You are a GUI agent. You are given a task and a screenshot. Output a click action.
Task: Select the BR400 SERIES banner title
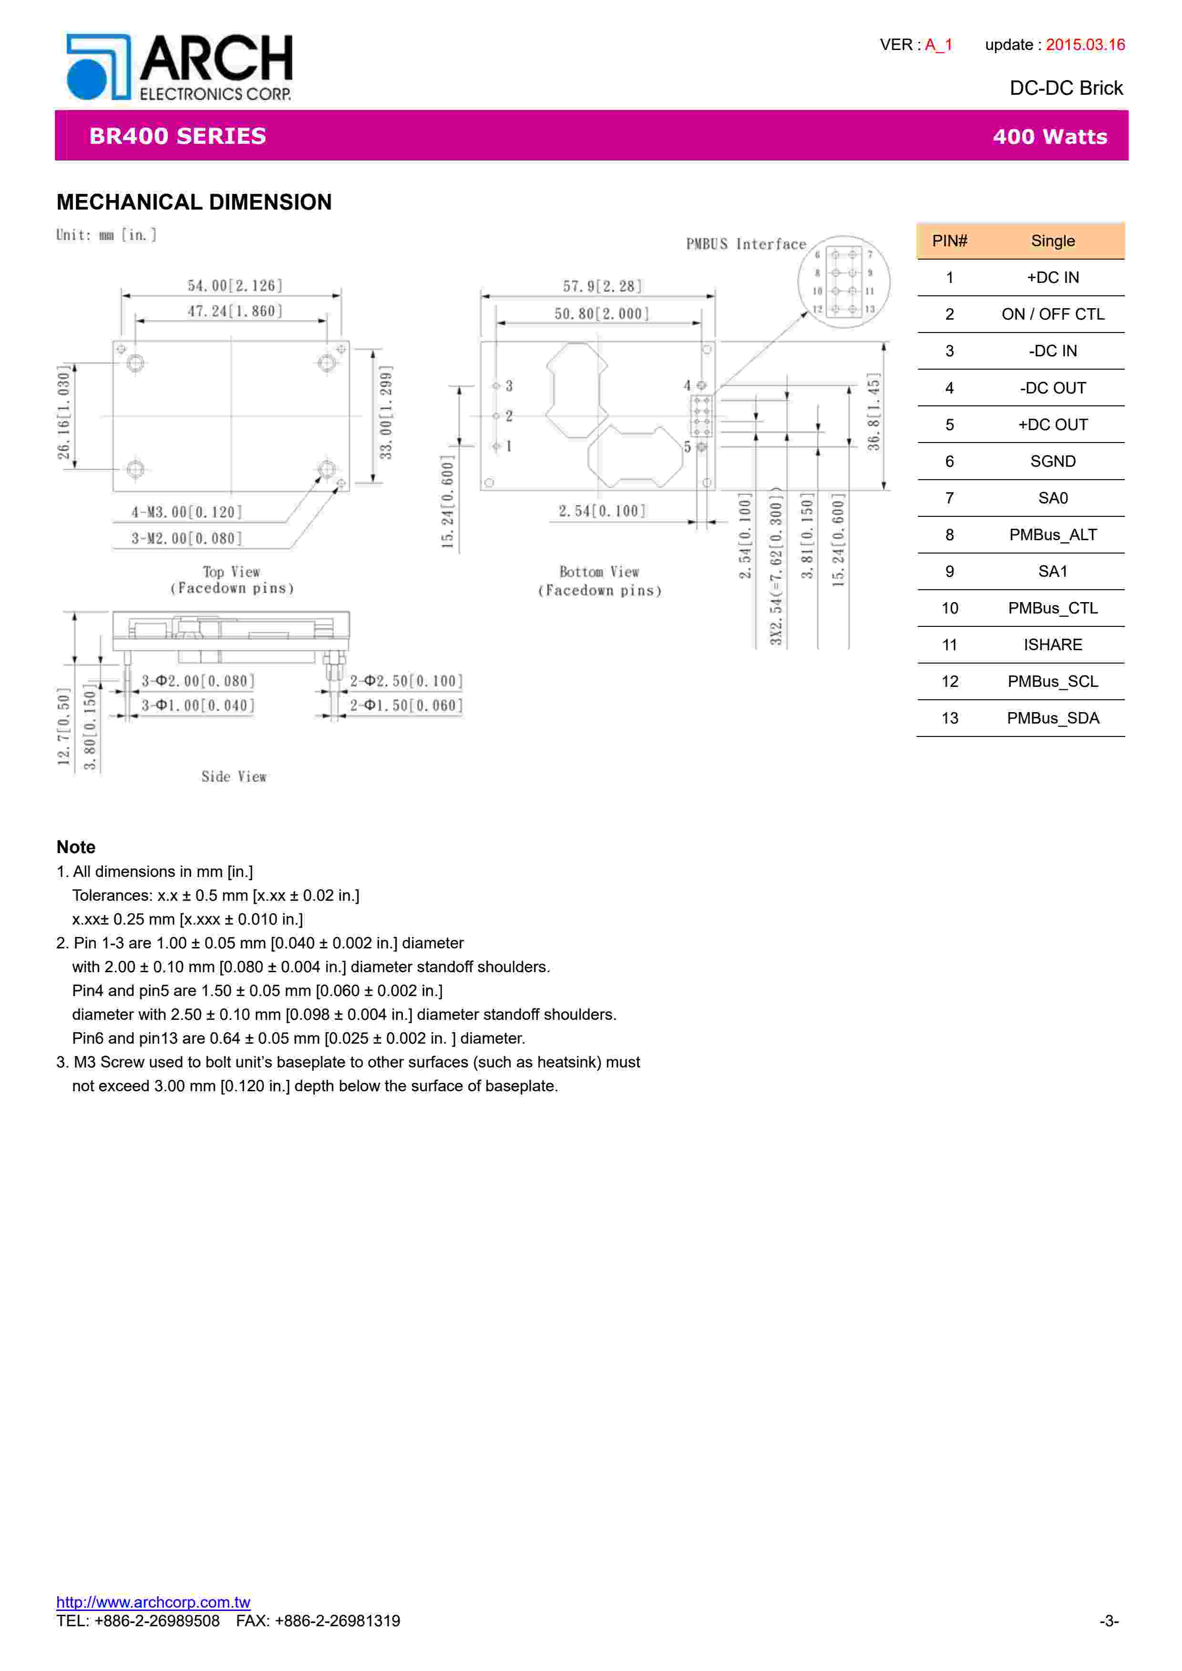click(178, 136)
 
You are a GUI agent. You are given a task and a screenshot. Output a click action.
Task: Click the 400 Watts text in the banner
click(1049, 137)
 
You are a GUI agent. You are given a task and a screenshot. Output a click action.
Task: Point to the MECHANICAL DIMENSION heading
click(194, 202)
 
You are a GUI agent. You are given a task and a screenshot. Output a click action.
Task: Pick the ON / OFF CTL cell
click(1052, 314)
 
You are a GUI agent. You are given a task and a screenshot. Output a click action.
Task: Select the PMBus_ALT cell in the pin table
click(1052, 535)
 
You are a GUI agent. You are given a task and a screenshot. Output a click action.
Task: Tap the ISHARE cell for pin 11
click(1052, 645)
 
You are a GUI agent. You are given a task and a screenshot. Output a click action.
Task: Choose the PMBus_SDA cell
click(1052, 718)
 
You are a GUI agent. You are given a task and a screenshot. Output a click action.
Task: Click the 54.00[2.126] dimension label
click(235, 285)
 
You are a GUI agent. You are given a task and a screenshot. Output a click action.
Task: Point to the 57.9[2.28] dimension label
click(602, 286)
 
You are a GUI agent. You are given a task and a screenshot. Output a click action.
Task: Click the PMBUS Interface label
click(746, 244)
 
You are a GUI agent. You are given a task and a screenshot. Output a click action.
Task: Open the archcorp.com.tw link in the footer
click(153, 1602)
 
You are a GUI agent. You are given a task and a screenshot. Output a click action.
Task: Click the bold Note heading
click(76, 847)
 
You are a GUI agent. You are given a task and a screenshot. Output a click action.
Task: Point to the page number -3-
click(1109, 1621)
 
